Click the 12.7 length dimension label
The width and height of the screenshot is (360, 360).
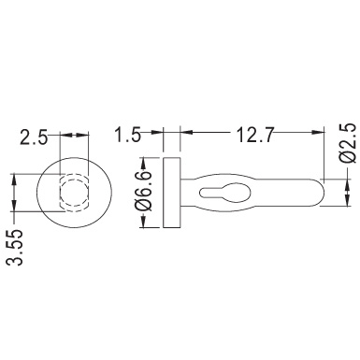(x=255, y=135)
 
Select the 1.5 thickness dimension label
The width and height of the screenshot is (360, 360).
(x=127, y=135)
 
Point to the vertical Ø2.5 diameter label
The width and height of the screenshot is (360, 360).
(x=347, y=143)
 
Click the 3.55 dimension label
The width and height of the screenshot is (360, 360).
(x=15, y=248)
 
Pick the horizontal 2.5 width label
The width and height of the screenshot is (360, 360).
(x=34, y=137)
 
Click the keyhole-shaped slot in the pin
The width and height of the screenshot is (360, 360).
(x=224, y=193)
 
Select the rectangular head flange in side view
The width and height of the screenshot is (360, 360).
(x=172, y=193)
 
